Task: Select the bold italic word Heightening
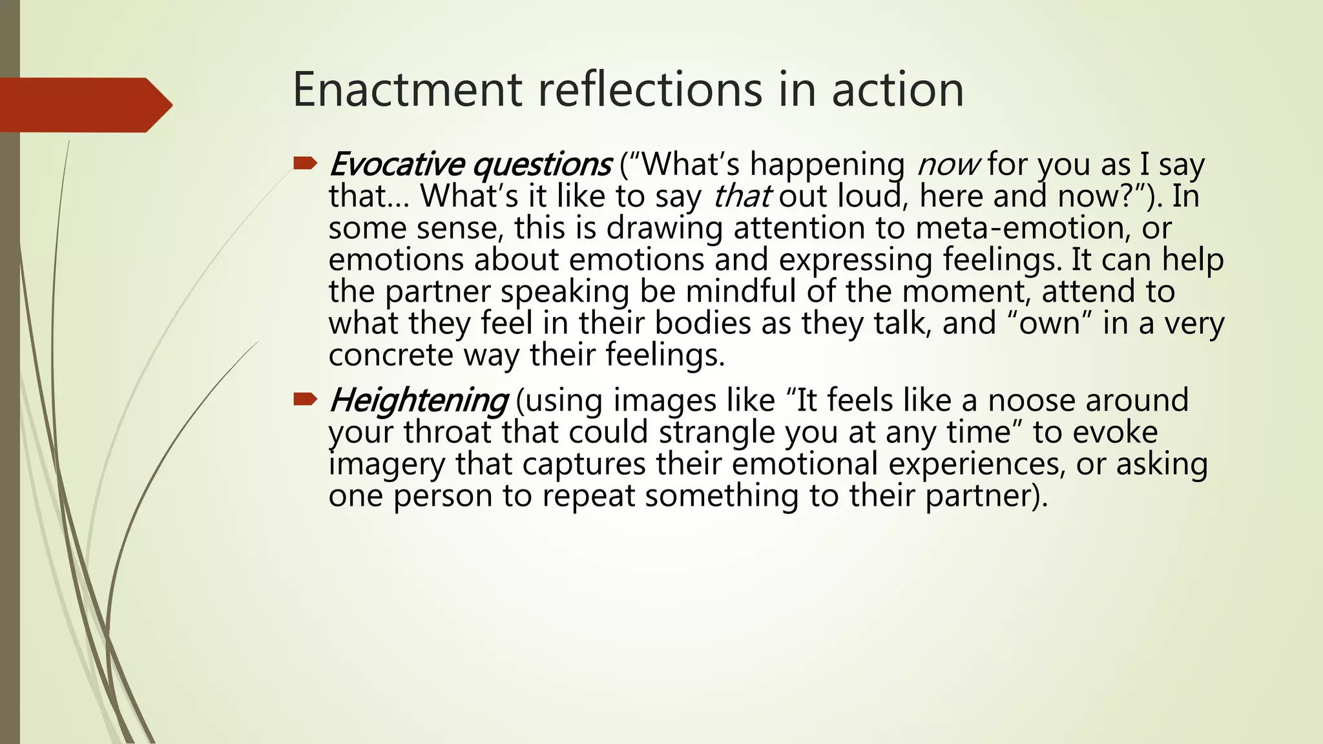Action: click(419, 401)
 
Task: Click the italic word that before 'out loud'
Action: click(741, 196)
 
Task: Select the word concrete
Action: click(391, 355)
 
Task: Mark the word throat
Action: click(447, 432)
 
